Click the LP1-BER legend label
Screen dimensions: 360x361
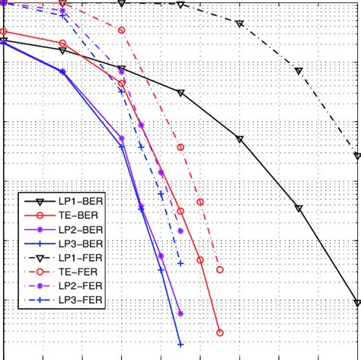[80, 202]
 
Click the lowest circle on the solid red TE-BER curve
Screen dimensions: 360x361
[219, 333]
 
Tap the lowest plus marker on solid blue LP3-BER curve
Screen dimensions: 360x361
[180, 344]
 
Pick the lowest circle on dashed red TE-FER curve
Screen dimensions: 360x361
[219, 269]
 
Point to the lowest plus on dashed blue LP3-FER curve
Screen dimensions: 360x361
[180, 263]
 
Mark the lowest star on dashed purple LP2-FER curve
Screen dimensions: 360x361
[180, 231]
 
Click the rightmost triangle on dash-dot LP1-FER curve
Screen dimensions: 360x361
[357, 156]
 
